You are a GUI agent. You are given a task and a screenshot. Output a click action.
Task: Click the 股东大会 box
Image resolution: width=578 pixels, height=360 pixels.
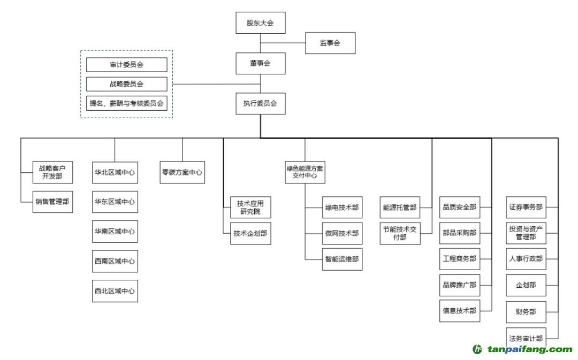tap(260, 23)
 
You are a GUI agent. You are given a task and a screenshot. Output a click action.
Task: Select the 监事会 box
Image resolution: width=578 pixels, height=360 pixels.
tap(330, 43)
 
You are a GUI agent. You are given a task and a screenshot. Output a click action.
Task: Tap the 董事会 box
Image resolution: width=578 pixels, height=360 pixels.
tap(260, 63)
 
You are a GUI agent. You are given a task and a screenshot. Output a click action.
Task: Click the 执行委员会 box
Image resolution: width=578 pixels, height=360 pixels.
tap(260, 104)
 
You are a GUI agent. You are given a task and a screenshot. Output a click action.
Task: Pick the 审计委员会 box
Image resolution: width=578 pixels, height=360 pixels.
tap(127, 65)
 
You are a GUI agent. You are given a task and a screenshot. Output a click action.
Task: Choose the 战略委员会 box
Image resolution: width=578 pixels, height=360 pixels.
tap(127, 84)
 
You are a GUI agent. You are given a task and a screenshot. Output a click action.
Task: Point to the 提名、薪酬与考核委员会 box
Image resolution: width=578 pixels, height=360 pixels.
tap(127, 103)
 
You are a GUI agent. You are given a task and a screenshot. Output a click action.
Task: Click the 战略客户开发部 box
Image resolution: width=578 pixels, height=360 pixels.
tap(52, 172)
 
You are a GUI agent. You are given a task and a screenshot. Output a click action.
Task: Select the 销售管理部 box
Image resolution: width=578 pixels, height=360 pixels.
tap(52, 202)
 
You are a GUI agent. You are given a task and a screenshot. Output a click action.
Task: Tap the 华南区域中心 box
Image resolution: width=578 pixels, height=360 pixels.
tap(115, 232)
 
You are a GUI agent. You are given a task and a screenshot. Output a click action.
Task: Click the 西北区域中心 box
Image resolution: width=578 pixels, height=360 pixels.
tap(115, 291)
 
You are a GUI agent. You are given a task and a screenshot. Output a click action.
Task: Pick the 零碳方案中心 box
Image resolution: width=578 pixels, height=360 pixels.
tap(182, 173)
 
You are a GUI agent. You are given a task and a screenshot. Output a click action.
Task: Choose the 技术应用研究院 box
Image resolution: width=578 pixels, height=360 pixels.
tap(250, 208)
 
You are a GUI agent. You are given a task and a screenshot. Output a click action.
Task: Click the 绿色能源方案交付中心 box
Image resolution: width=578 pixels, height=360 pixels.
tap(305, 172)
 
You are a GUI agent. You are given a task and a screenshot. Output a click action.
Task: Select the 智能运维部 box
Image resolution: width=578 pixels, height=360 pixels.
tap(342, 259)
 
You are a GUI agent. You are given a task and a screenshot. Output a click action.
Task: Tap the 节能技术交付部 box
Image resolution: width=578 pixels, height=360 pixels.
tap(400, 233)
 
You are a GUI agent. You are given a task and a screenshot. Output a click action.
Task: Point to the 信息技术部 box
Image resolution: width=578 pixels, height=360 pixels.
tap(459, 311)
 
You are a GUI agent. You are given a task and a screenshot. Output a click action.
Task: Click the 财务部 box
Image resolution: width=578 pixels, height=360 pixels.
tap(526, 311)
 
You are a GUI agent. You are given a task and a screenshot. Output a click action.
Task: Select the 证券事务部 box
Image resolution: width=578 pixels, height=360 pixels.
tap(526, 207)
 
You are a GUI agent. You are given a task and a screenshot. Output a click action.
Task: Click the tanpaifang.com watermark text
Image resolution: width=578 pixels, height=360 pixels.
tap(530, 350)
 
